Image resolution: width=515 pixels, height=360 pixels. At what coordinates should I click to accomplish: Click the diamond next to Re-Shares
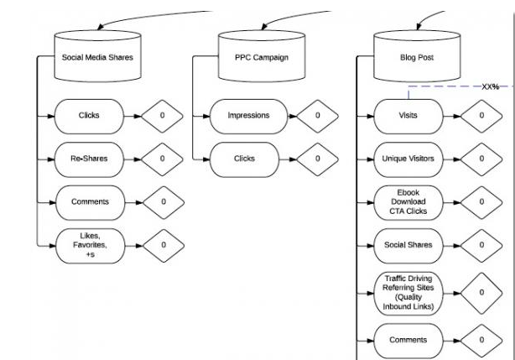coord(163,158)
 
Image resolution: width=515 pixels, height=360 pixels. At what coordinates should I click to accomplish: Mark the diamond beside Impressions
coord(317,115)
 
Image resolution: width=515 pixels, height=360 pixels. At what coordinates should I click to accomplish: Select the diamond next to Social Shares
coord(481,244)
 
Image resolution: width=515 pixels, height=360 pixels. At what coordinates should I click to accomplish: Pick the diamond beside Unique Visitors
coord(481,158)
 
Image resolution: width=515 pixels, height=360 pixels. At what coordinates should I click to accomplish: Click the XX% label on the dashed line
coord(489,87)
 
